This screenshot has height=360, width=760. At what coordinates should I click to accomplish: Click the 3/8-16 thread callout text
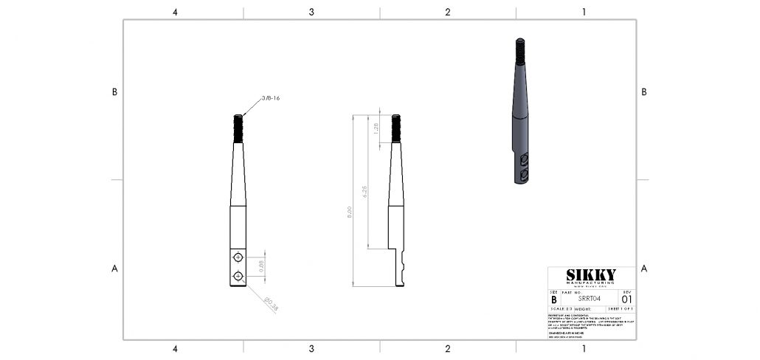270,97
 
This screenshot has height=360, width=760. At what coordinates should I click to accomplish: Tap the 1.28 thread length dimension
376,128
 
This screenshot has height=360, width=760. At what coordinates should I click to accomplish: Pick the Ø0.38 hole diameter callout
271,303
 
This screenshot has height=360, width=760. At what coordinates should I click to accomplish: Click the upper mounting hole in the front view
238,257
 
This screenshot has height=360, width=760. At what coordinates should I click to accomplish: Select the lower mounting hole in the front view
238,276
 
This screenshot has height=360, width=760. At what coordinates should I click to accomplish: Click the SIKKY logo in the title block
590,275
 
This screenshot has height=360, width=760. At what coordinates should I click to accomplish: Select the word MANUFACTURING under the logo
590,283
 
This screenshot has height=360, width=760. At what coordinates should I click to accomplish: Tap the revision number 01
626,300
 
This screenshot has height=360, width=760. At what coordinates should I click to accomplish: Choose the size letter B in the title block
554,300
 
